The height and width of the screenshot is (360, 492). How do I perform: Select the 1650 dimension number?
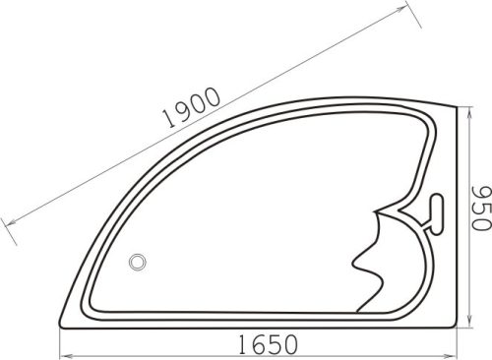click(x=266, y=344)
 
